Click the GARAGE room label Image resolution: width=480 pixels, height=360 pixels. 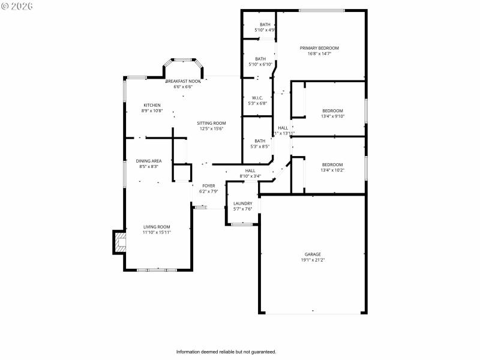(313, 254)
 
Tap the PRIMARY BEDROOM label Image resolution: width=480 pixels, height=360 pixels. (320, 48)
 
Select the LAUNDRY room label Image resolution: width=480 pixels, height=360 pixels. (242, 203)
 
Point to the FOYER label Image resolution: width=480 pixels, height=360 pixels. (208, 186)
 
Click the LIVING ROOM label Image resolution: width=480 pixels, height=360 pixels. (157, 226)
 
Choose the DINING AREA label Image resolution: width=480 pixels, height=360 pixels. (148, 161)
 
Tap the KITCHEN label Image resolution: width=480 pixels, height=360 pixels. (152, 105)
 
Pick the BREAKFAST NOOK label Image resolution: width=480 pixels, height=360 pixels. (183, 81)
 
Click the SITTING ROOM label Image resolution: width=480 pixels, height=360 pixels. (211, 123)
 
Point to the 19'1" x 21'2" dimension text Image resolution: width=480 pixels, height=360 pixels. (313, 260)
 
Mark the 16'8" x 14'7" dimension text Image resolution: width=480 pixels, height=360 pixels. (320, 53)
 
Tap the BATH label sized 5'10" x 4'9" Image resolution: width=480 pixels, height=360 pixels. (265, 25)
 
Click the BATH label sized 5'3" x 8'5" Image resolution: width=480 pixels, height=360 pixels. (260, 141)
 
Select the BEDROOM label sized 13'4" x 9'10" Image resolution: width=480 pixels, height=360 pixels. (332, 110)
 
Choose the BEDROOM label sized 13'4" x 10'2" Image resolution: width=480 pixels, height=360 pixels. (332, 164)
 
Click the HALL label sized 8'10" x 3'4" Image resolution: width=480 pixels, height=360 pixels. (250, 171)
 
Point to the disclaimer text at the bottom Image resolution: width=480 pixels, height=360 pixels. (226, 352)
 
